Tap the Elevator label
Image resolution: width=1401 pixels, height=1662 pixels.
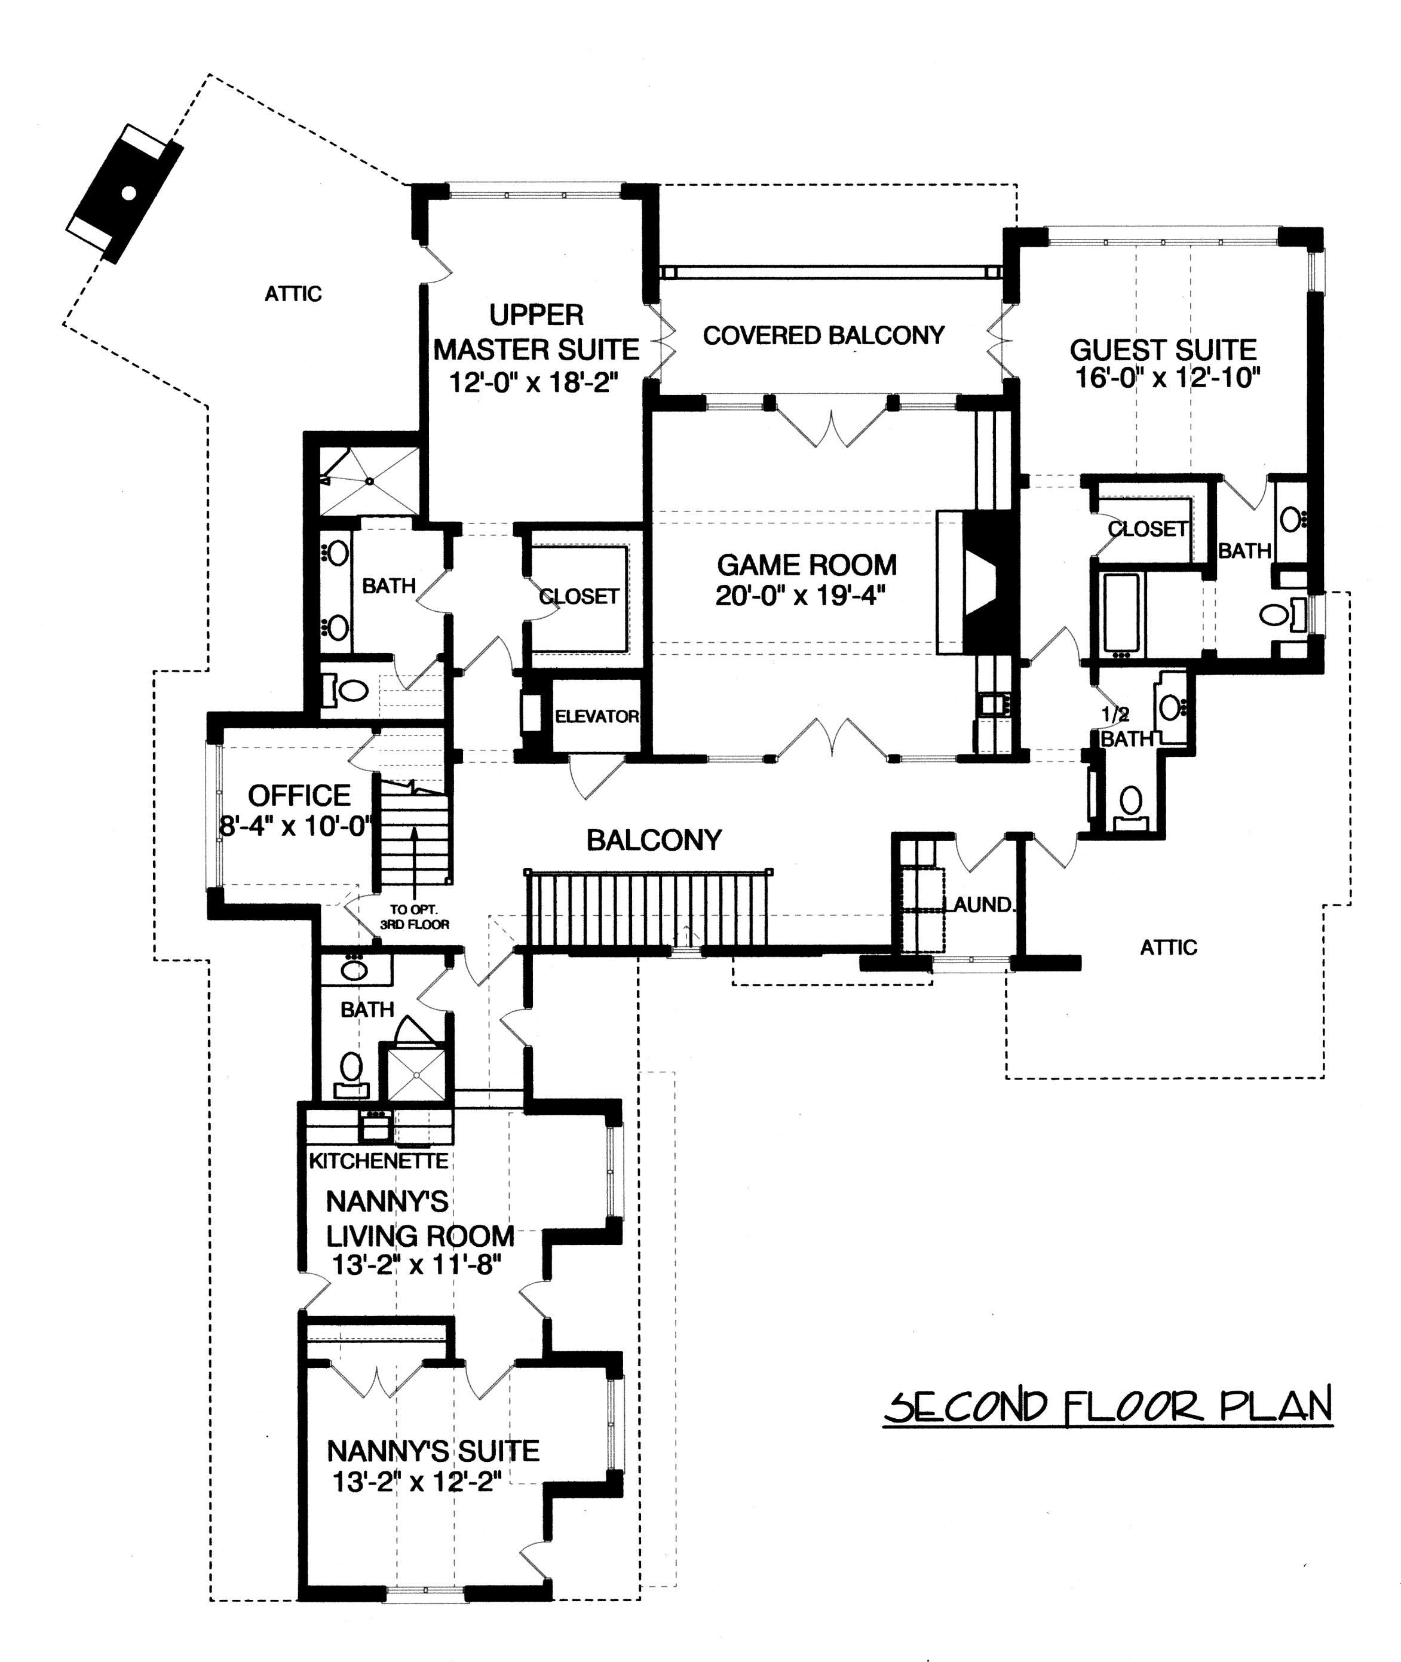tap(596, 716)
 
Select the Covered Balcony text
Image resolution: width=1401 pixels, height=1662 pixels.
tap(824, 335)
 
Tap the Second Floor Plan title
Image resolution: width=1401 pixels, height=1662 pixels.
tap(1108, 1406)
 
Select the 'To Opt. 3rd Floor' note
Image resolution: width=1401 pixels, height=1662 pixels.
tap(415, 917)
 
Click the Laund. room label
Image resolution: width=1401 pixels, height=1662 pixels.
tap(982, 904)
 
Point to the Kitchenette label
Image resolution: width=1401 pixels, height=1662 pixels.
tap(379, 1161)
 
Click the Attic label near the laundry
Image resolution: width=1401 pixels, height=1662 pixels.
tap(1167, 947)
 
